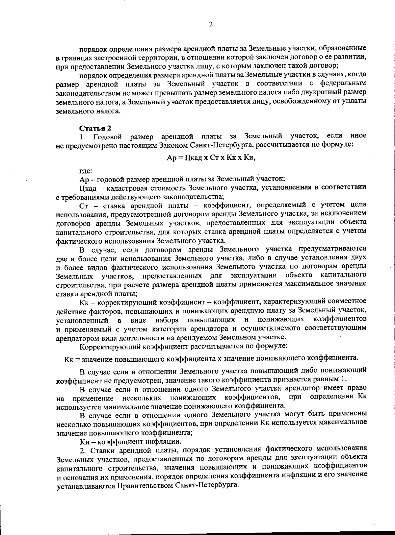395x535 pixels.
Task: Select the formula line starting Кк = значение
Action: [211, 358]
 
